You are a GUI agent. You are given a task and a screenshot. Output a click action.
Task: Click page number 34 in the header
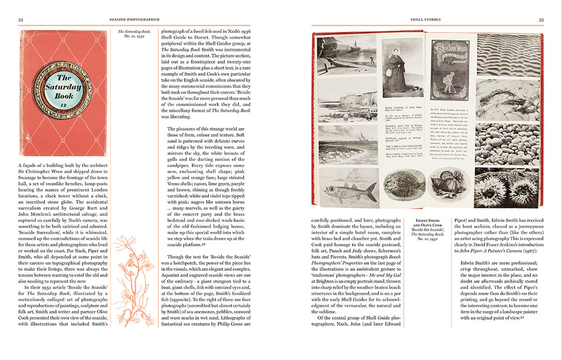21,20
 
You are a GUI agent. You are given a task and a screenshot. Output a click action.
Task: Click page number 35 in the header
541,20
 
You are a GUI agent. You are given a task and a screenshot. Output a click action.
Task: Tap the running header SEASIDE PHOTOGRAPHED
134,20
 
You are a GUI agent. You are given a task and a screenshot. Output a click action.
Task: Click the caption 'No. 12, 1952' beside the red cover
134,40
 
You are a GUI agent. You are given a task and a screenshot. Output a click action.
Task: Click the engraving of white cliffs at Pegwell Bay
348,100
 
